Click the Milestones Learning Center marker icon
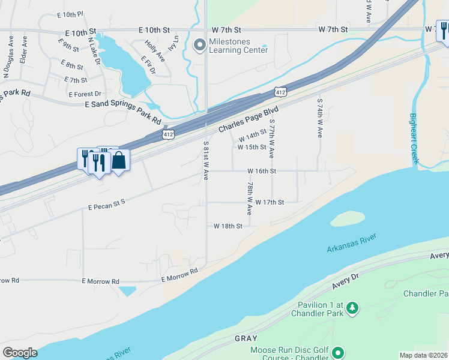(x=199, y=45)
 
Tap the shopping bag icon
(x=119, y=160)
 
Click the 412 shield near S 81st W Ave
(x=169, y=135)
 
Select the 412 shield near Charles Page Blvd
(x=281, y=91)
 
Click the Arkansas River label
(x=351, y=246)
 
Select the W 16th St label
(x=261, y=171)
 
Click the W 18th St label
(x=228, y=226)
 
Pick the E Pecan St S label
(x=106, y=205)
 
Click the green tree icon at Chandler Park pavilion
(x=352, y=308)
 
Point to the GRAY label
(x=246, y=338)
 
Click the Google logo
(x=20, y=353)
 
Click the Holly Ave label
(x=155, y=50)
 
